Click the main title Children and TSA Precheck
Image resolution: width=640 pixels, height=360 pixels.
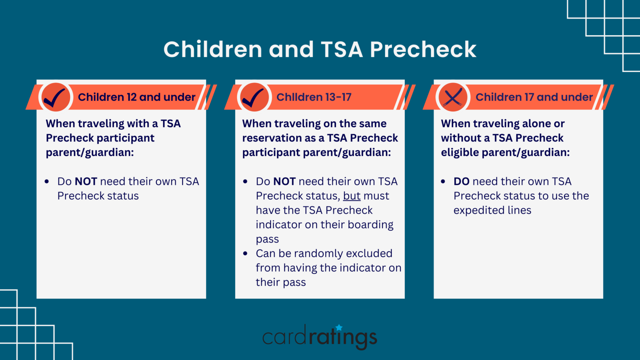tap(320, 49)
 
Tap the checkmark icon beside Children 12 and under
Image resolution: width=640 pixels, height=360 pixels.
tap(56, 97)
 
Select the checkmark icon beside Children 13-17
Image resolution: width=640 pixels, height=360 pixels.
tap(254, 97)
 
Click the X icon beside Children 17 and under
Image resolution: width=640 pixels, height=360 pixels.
tap(453, 97)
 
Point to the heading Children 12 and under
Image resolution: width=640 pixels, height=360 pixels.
tap(136, 97)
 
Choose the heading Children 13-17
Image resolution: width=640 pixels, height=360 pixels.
tap(313, 97)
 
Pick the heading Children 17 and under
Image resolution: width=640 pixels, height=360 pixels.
tap(534, 97)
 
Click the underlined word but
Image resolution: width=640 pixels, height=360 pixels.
tap(351, 196)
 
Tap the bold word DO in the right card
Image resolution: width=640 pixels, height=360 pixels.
tap(461, 182)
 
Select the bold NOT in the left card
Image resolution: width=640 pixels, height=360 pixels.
tap(86, 182)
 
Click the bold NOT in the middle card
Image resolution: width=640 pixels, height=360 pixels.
tap(284, 182)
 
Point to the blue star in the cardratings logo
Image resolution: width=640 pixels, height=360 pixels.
tap(339, 327)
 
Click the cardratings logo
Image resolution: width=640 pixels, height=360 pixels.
tap(320, 337)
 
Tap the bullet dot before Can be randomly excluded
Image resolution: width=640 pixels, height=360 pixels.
tap(245, 253)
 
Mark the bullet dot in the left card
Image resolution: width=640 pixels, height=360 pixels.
tap(47, 182)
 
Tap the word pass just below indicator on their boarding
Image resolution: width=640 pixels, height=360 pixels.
tap(267, 239)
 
